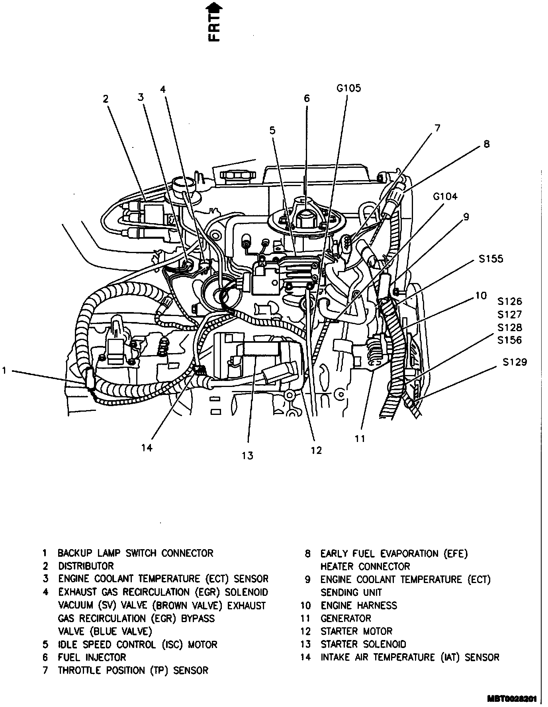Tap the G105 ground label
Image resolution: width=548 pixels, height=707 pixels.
tap(348, 88)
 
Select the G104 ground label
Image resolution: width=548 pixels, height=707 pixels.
tap(445, 196)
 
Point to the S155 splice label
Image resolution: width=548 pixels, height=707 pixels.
tap(491, 259)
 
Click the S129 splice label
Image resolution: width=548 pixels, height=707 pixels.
tap(514, 362)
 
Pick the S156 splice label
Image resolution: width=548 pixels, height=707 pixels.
tap(510, 340)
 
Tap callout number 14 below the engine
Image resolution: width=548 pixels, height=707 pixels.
tap(147, 448)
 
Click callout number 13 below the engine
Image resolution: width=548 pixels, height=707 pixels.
tap(247, 456)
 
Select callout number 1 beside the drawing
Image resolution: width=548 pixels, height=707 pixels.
tap(4, 371)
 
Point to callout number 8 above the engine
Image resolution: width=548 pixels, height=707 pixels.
tap(486, 144)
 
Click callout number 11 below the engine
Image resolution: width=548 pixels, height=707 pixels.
tap(360, 439)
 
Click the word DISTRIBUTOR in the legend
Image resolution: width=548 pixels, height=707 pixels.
tap(86, 566)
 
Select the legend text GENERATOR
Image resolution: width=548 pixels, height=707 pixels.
tap(346, 619)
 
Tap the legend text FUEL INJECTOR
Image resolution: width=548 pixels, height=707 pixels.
tap(92, 658)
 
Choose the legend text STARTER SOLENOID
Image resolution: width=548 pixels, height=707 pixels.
tap(363, 644)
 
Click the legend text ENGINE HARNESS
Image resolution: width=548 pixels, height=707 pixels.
tap(359, 606)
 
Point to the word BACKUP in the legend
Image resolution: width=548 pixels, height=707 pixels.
tap(75, 553)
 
